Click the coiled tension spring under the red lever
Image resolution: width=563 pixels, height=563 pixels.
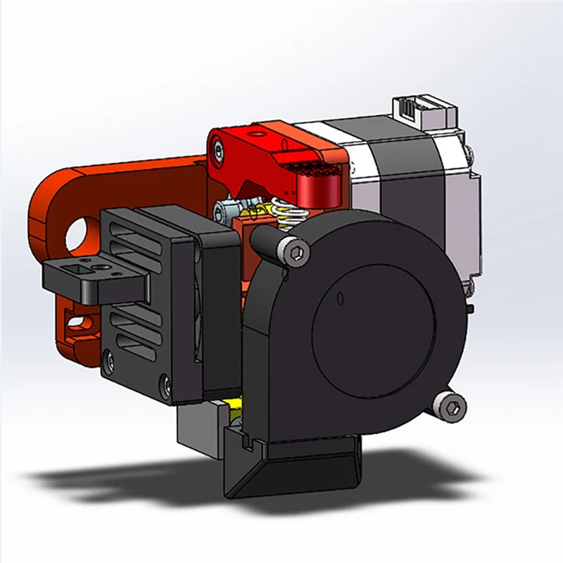click(283, 213)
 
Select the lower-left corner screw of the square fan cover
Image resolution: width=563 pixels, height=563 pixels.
click(108, 362)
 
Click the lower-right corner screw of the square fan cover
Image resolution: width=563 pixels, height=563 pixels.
click(165, 384)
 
